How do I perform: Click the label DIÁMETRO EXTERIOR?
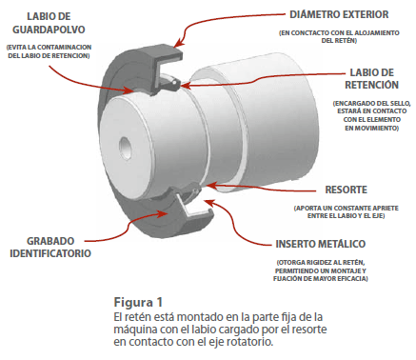[x=339, y=14]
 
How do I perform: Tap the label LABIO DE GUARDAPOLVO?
[x=49, y=23]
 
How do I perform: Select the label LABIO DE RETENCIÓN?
[x=371, y=79]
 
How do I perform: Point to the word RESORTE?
[x=347, y=190]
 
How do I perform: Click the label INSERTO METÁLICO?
[x=321, y=244]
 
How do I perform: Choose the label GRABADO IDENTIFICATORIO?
[x=50, y=247]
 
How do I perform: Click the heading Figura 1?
[x=138, y=302]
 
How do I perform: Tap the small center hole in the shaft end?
[x=126, y=147]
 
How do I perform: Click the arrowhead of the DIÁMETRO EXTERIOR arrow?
[x=179, y=43]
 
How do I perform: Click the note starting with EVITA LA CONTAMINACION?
[x=49, y=51]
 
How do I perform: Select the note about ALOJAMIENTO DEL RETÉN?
[x=339, y=36]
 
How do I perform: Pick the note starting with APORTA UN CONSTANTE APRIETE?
[x=347, y=211]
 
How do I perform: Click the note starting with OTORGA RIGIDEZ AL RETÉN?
[x=321, y=270]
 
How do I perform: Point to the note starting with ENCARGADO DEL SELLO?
[x=371, y=115]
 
